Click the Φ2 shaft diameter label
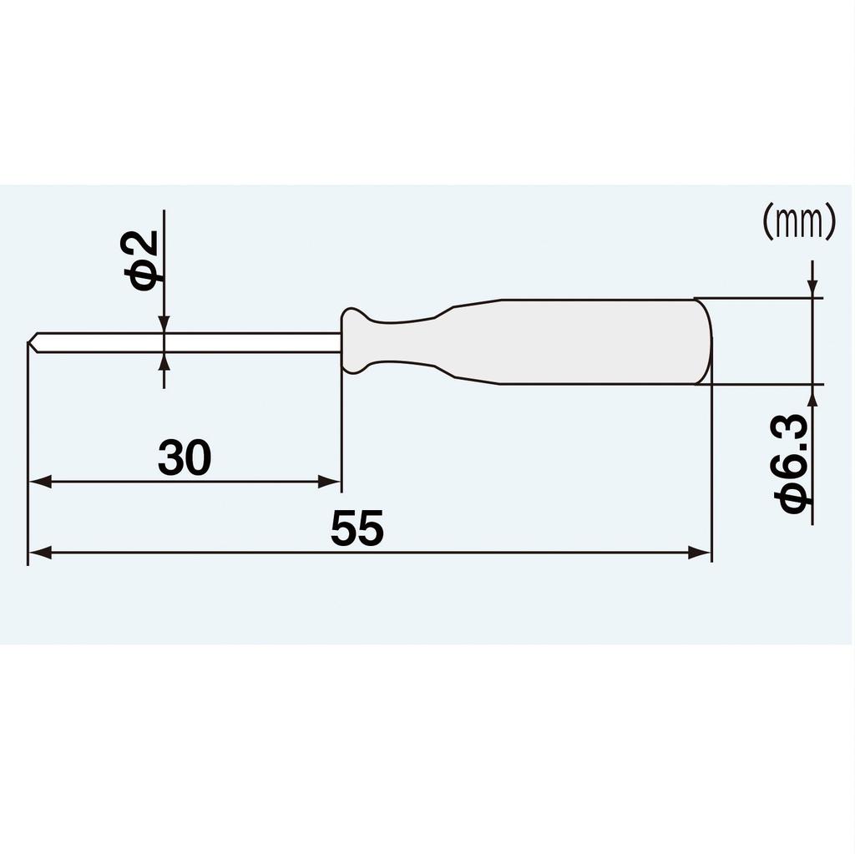click(x=141, y=260)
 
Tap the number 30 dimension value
click(x=185, y=457)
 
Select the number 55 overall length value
click(x=357, y=528)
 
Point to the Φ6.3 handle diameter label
click(x=790, y=463)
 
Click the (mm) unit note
click(x=799, y=221)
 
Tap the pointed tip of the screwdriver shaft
click(x=28, y=342)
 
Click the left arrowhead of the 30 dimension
click(x=40, y=482)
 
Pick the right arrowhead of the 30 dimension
click(x=329, y=482)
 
